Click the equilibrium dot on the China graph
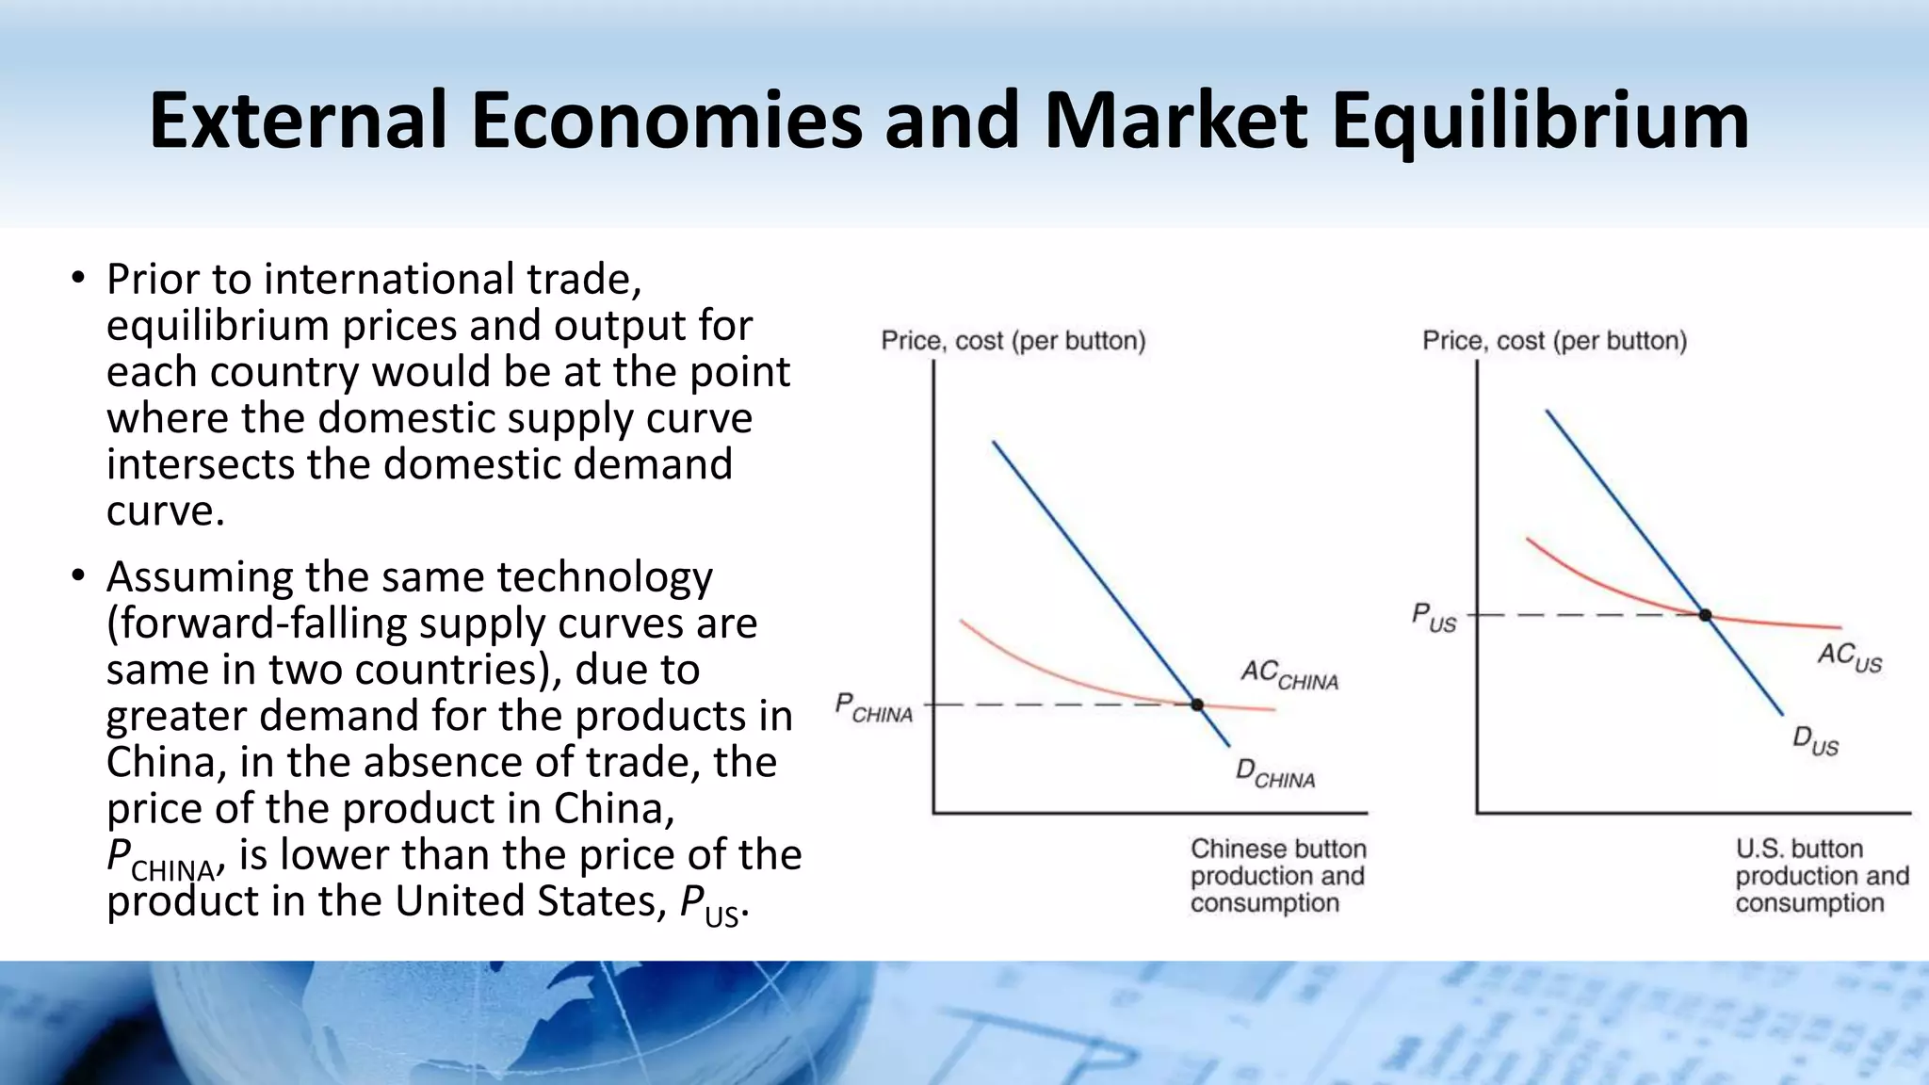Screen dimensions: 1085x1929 pos(1197,704)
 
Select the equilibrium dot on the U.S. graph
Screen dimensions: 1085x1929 pos(1705,615)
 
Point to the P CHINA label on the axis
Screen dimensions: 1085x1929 pos(874,707)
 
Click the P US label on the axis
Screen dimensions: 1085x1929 pos(1434,618)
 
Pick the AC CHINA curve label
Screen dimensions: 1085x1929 pos(1289,674)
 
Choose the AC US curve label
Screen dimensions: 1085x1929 pos(1849,656)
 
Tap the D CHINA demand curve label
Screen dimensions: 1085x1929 pos(1275,774)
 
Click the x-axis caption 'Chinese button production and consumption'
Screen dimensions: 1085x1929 pos(1277,876)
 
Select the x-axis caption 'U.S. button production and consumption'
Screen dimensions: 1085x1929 pos(1822,876)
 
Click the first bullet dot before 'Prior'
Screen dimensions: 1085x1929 pos(78,279)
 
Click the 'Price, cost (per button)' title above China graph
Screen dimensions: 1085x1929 pos(1013,340)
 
